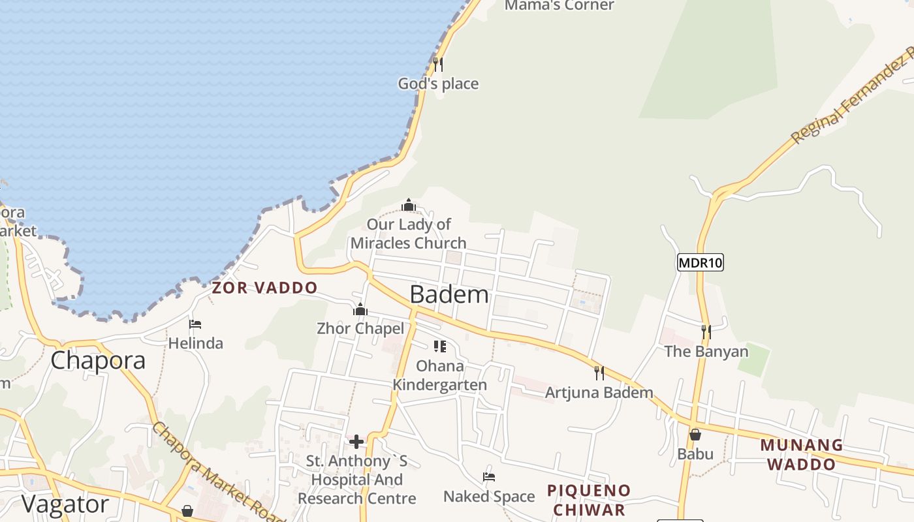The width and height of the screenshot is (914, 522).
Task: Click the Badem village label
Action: point(449,295)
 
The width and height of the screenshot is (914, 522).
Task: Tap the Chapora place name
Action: point(98,360)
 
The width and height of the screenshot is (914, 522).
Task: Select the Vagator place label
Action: point(65,504)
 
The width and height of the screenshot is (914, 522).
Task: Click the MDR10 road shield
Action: point(701,262)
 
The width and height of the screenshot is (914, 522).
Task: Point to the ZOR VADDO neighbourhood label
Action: point(264,288)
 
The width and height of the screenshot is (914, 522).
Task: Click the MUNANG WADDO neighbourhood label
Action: point(801,455)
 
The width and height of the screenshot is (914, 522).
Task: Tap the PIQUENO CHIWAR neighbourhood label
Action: point(589,500)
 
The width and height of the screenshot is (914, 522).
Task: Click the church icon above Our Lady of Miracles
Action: point(409,206)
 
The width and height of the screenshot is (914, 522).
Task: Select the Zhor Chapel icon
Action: point(360,309)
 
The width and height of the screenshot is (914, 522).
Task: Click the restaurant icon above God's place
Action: point(438,64)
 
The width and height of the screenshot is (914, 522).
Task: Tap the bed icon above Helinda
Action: point(195,324)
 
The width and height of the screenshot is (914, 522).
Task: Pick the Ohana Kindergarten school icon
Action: point(440,346)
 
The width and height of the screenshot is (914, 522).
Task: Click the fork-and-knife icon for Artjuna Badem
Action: point(599,373)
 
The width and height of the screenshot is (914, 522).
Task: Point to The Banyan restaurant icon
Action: point(706,332)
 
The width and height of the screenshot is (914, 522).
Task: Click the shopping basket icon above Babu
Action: point(695,435)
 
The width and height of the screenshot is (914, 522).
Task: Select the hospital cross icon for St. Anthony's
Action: point(356,442)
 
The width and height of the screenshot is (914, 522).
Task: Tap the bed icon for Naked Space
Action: point(488,477)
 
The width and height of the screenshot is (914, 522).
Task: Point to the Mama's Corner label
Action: point(559,6)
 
